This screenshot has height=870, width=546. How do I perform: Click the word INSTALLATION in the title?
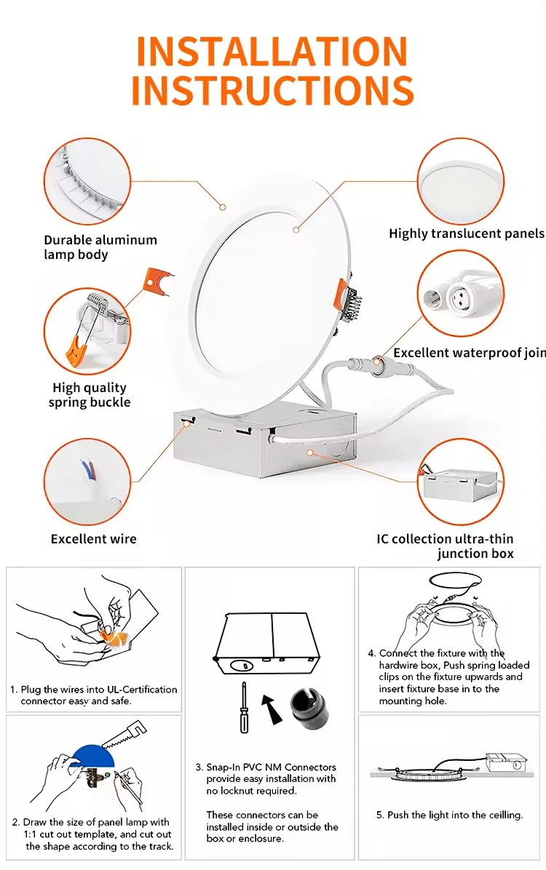point(272,52)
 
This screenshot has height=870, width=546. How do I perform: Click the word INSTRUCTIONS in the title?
point(272,90)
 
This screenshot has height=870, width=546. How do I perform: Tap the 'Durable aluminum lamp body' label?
point(100,247)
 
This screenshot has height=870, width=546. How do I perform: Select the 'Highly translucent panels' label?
point(466,234)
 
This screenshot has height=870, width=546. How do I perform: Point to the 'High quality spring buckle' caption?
point(90,395)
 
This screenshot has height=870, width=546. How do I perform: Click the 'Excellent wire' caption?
point(93,539)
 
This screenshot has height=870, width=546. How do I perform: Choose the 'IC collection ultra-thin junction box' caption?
point(445,546)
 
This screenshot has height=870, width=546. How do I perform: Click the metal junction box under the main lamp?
point(262,444)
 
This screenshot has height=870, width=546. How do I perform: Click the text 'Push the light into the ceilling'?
point(449,815)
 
